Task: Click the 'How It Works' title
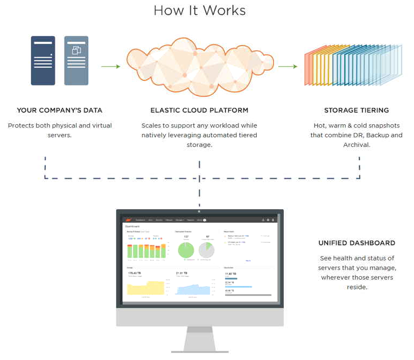click(199, 11)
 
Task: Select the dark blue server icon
click(43, 60)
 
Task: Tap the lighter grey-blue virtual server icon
click(76, 60)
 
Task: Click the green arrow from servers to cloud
click(110, 67)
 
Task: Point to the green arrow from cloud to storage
click(287, 67)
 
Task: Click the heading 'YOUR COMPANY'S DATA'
click(59, 110)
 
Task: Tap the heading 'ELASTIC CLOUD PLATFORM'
click(199, 110)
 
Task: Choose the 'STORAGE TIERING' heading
click(356, 110)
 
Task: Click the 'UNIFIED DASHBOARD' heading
click(356, 243)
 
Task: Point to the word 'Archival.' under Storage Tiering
click(356, 145)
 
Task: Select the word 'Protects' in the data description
click(22, 126)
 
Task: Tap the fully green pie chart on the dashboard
click(186, 250)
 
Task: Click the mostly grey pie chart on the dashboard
click(207, 250)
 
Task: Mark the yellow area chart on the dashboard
click(145, 288)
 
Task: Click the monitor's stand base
click(200, 351)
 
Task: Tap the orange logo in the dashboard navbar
click(128, 220)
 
